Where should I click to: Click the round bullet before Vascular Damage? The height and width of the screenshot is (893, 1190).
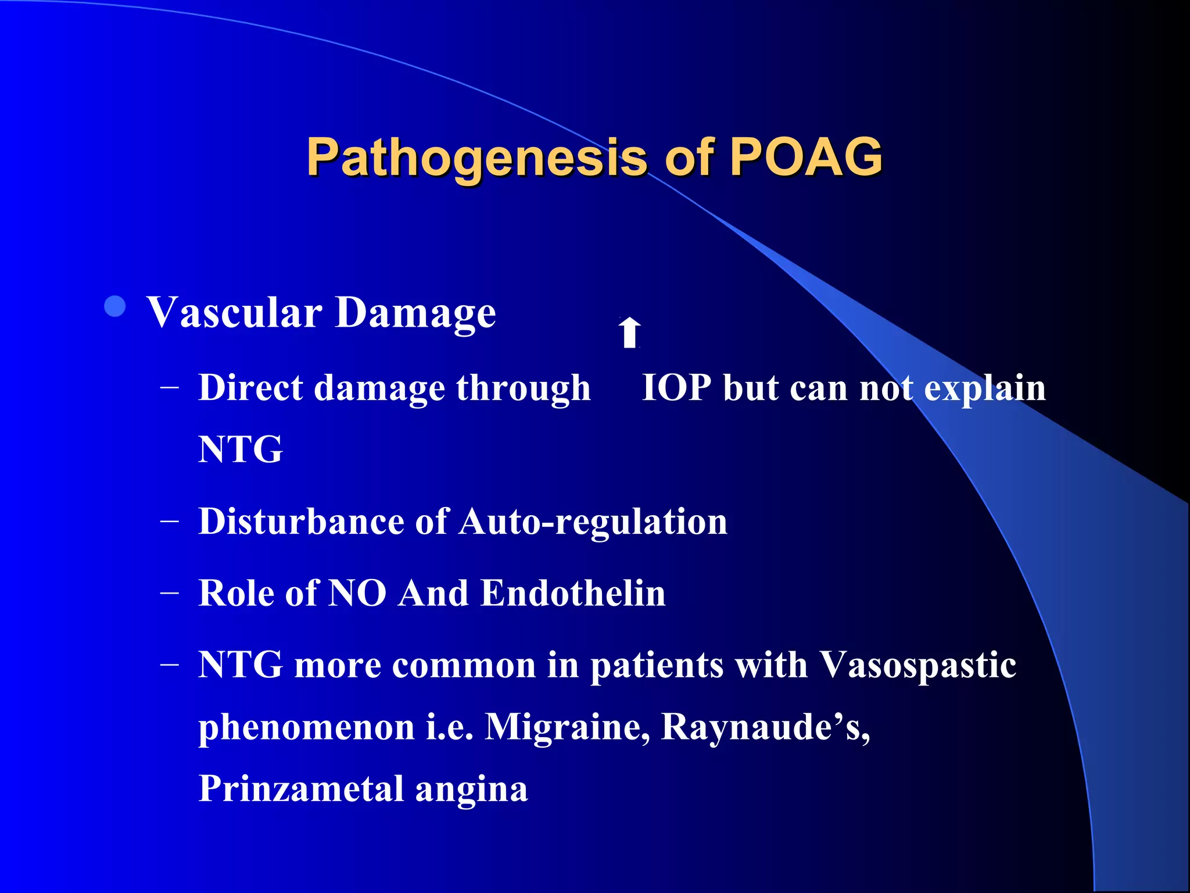115,306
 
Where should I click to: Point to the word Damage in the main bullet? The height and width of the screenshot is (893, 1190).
415,314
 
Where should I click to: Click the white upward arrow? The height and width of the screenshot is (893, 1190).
629,333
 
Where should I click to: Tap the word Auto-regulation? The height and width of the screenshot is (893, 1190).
593,521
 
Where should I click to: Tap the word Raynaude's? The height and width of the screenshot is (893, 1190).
764,727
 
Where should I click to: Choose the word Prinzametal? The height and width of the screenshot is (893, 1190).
301,789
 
